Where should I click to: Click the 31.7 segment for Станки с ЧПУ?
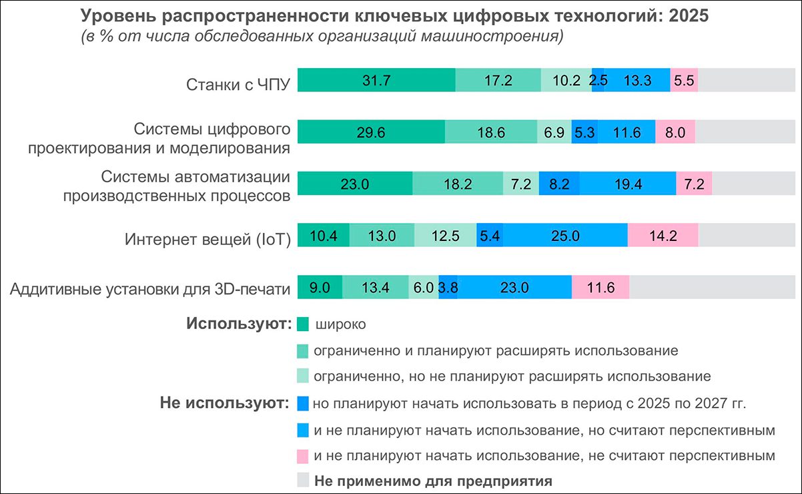click(x=376, y=80)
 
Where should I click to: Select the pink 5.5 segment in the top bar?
click(x=684, y=80)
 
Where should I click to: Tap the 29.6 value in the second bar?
click(x=370, y=132)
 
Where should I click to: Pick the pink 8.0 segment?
click(x=675, y=132)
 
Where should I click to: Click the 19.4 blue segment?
click(x=628, y=184)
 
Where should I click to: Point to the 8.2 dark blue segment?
click(x=558, y=184)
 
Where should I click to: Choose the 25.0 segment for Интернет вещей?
click(x=564, y=236)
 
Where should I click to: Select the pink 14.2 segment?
click(x=663, y=236)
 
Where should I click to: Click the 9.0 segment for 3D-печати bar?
click(x=320, y=288)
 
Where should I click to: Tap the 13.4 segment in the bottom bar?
click(x=375, y=288)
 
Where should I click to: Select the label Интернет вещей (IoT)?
click(x=208, y=240)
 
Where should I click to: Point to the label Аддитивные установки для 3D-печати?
click(x=151, y=290)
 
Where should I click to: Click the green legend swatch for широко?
click(x=302, y=324)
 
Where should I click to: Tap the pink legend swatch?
click(x=302, y=456)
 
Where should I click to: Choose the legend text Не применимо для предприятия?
click(x=433, y=480)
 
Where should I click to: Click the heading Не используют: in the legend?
click(x=224, y=403)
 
